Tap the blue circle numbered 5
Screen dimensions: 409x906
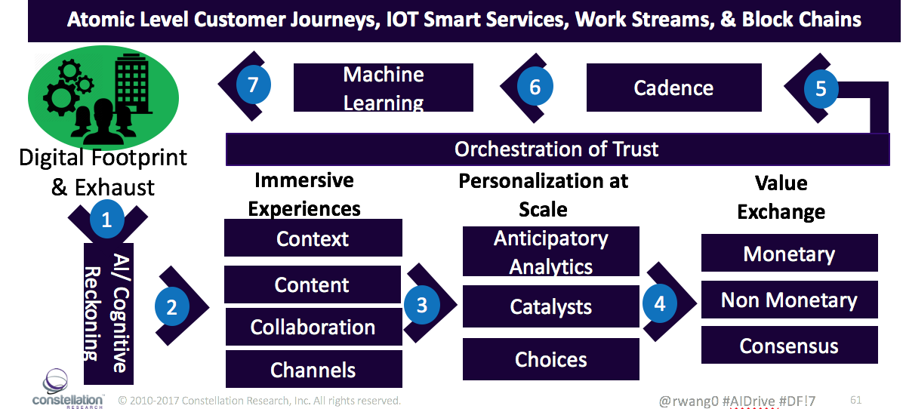[x=821, y=88]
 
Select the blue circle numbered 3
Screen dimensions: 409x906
[x=421, y=304]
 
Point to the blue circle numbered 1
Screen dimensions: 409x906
[x=106, y=220]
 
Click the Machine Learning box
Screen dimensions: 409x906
[x=384, y=88]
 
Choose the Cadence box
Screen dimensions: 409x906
[x=673, y=88]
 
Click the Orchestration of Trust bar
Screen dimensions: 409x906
[x=557, y=149]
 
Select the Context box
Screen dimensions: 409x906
[x=313, y=238]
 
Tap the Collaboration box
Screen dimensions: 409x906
[x=313, y=327]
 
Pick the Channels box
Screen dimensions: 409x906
[x=313, y=370]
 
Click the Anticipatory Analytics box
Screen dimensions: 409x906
[x=550, y=252]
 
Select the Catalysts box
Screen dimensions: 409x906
[x=550, y=307]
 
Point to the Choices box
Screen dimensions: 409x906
[x=550, y=359]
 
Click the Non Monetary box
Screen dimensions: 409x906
[x=789, y=300]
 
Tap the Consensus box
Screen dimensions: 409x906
[x=789, y=346]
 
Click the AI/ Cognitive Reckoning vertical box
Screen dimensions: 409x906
[x=107, y=313]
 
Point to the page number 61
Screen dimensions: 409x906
[x=855, y=400]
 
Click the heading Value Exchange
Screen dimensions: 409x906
[x=781, y=197]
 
